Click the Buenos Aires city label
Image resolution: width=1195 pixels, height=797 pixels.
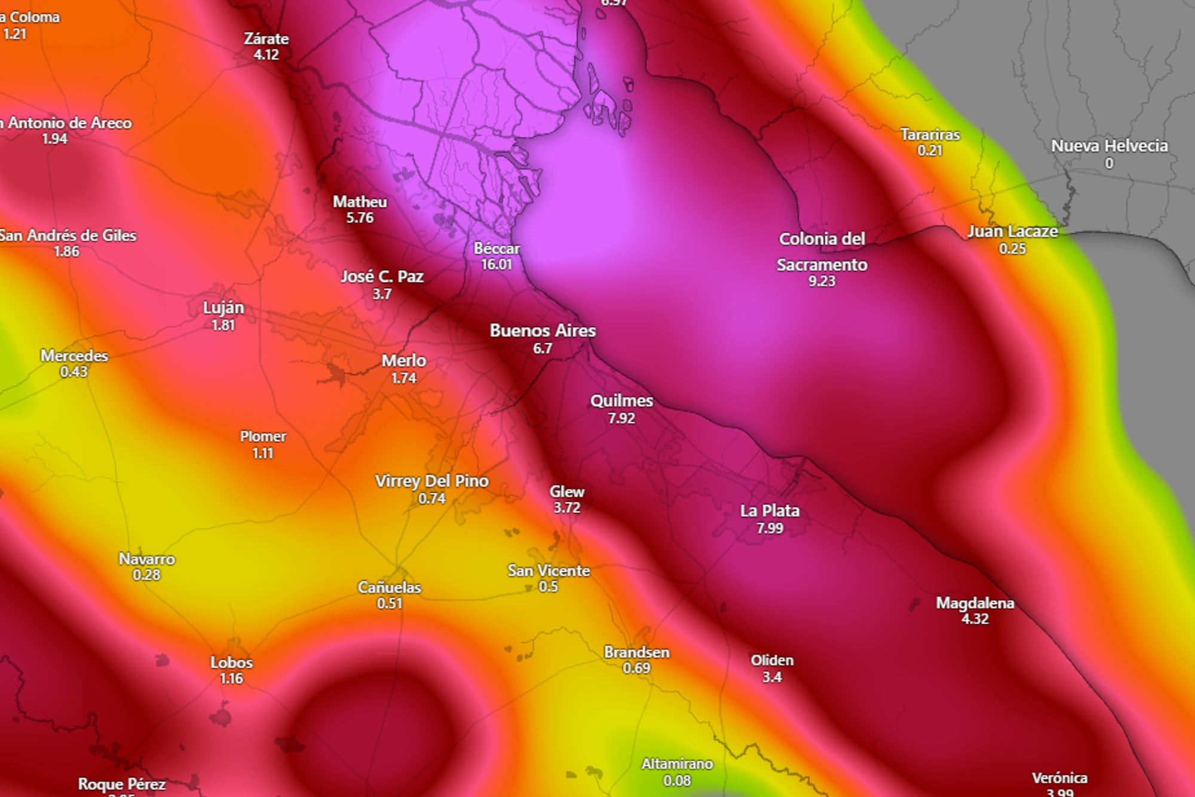(x=543, y=331)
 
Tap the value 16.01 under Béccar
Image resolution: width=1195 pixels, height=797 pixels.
(x=497, y=264)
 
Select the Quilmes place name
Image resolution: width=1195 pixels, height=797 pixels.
(x=621, y=401)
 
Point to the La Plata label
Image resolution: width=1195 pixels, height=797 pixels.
(x=770, y=511)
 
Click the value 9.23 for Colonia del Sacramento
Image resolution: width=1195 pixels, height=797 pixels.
(x=822, y=281)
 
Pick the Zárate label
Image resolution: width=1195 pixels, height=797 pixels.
(x=266, y=39)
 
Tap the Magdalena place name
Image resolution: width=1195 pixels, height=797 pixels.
(x=975, y=603)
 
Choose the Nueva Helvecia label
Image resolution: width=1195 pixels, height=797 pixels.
(x=1109, y=146)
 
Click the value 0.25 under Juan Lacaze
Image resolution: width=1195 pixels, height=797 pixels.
(x=1012, y=248)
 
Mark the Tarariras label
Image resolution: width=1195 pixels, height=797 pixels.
(x=930, y=135)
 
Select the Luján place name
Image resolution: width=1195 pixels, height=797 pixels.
(x=223, y=308)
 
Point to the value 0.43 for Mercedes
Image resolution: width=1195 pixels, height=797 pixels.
(x=73, y=372)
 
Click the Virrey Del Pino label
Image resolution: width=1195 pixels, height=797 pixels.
(x=431, y=481)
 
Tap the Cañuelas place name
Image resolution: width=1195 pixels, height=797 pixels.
(x=389, y=588)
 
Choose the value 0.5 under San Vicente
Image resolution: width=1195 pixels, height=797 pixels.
(x=548, y=587)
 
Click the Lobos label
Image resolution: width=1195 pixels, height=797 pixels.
(x=231, y=662)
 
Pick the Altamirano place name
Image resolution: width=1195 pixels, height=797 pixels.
(x=677, y=764)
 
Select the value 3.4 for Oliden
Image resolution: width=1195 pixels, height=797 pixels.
(x=772, y=677)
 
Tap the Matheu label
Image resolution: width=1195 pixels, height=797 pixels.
(x=360, y=202)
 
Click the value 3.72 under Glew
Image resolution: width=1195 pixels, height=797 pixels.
(x=566, y=508)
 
